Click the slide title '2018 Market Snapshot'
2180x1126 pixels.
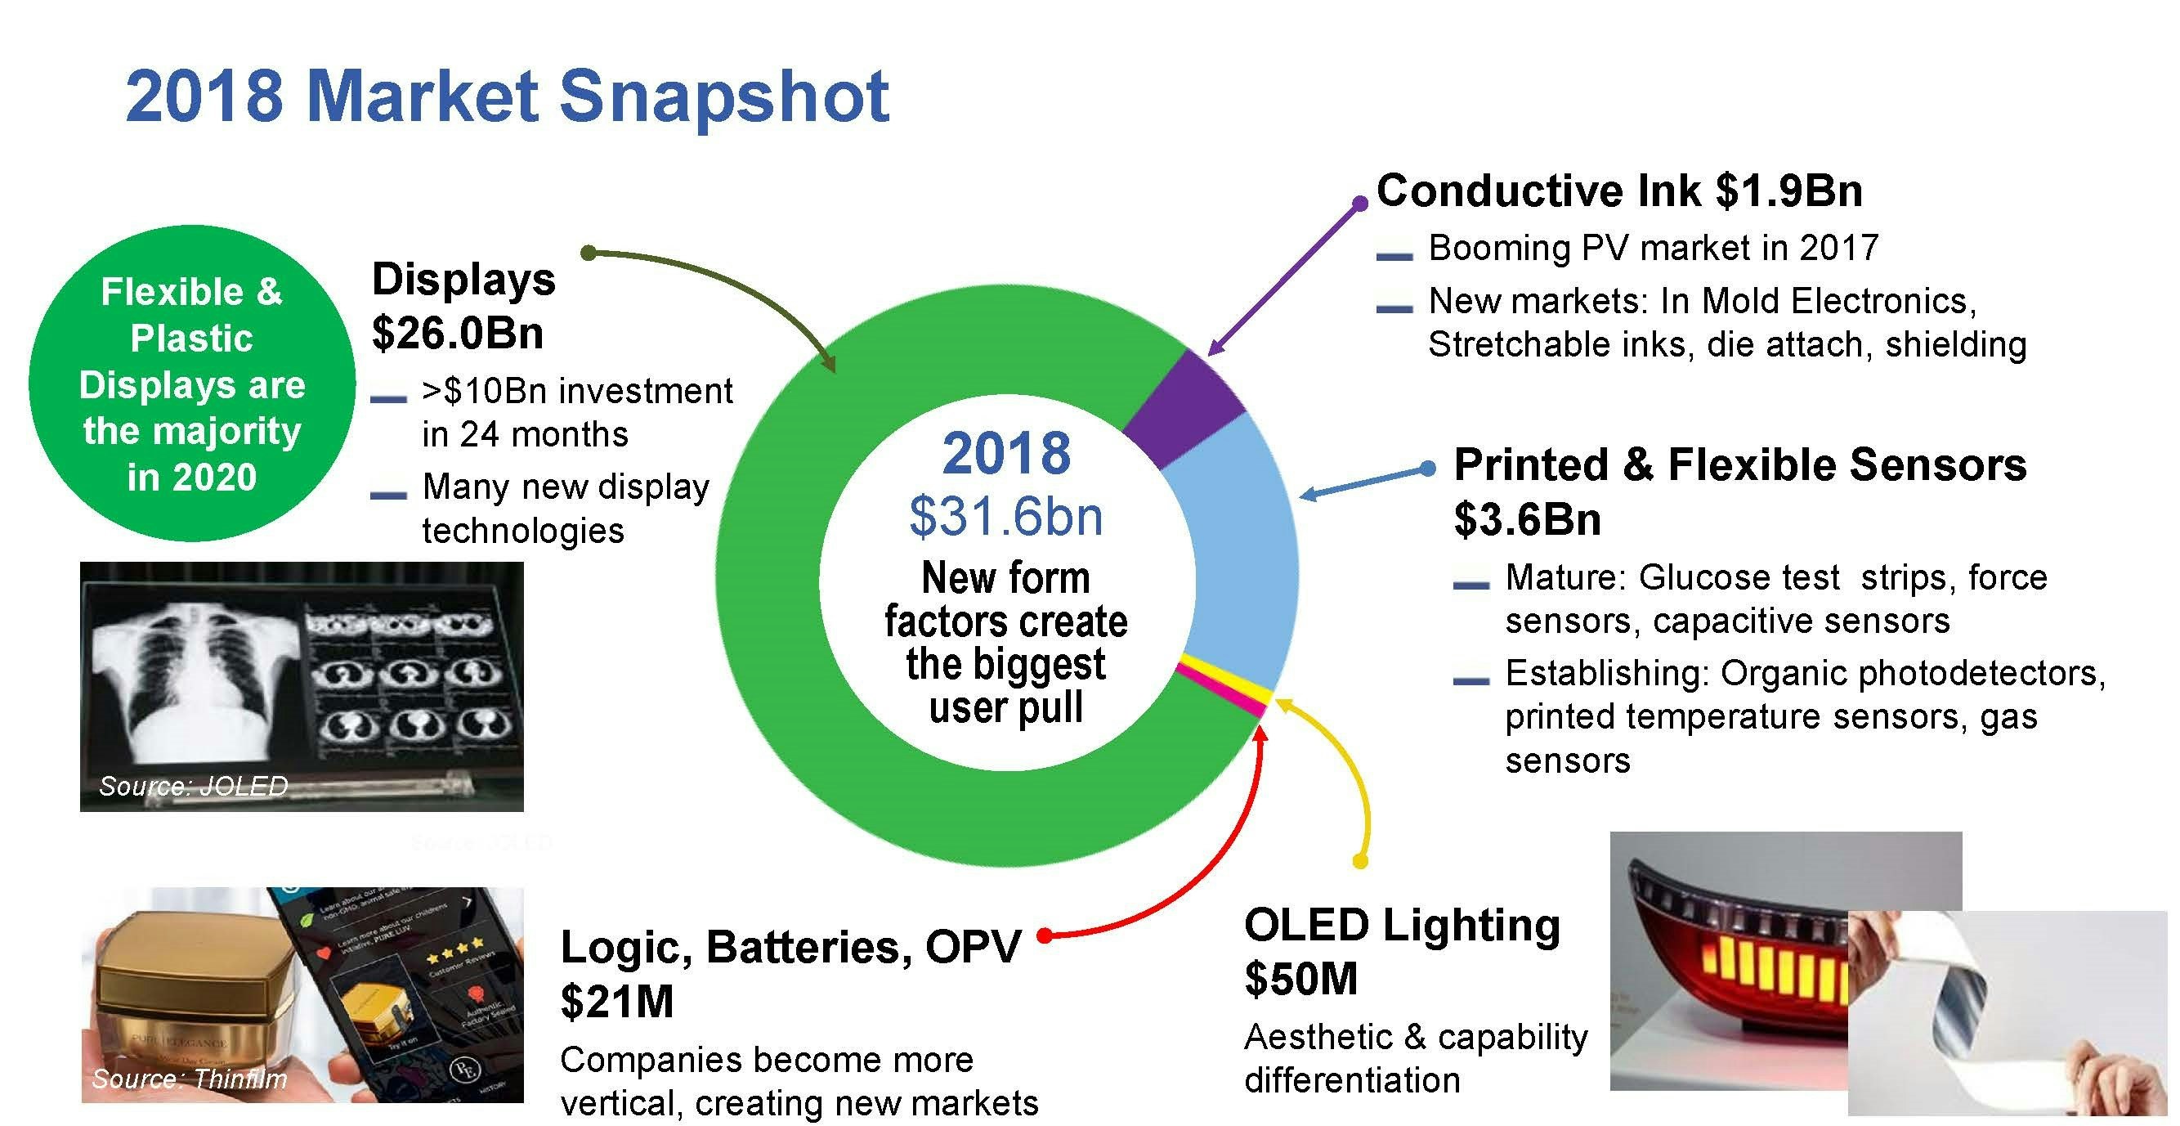[507, 96]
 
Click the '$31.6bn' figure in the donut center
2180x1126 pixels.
[1005, 518]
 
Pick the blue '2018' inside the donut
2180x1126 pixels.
[1006, 455]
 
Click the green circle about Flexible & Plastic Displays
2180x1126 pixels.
[192, 384]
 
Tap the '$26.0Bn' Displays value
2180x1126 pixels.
[458, 334]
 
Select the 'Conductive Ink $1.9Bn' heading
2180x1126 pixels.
[1619, 191]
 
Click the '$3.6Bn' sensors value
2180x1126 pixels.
[1528, 519]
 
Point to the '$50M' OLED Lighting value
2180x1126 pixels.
[1300, 979]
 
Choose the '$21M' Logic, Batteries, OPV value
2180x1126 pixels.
[617, 1002]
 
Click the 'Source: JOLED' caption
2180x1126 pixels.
[194, 787]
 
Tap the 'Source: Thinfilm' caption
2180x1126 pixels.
[190, 1079]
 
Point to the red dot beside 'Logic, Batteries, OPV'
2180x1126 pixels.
[1045, 935]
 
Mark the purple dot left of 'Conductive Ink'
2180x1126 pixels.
[1360, 203]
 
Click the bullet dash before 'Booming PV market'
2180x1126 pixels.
[1394, 255]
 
